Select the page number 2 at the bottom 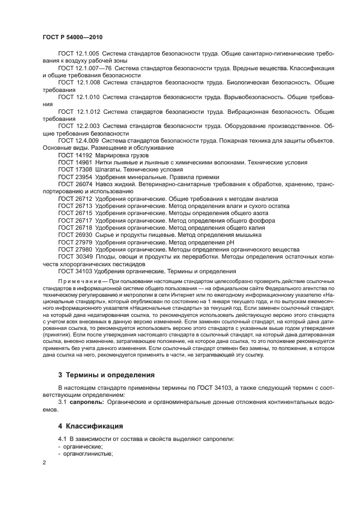pyautogui.click(x=44, y=462)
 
